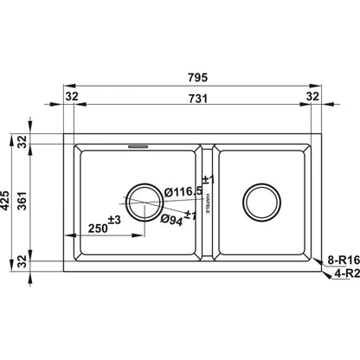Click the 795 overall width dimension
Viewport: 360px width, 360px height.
coord(197,78)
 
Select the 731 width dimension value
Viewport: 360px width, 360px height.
coord(198,99)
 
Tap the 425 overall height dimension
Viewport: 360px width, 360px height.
coord(5,200)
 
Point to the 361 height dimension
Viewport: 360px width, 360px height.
coord(22,201)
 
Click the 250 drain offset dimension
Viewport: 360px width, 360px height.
coord(98,228)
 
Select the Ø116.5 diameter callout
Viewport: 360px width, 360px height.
coord(183,192)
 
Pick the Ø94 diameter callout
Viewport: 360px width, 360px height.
coord(171,220)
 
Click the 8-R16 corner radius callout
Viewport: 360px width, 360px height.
coord(344,260)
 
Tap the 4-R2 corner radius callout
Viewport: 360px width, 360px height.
coord(347,273)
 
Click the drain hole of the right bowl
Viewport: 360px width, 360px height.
coord(261,202)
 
